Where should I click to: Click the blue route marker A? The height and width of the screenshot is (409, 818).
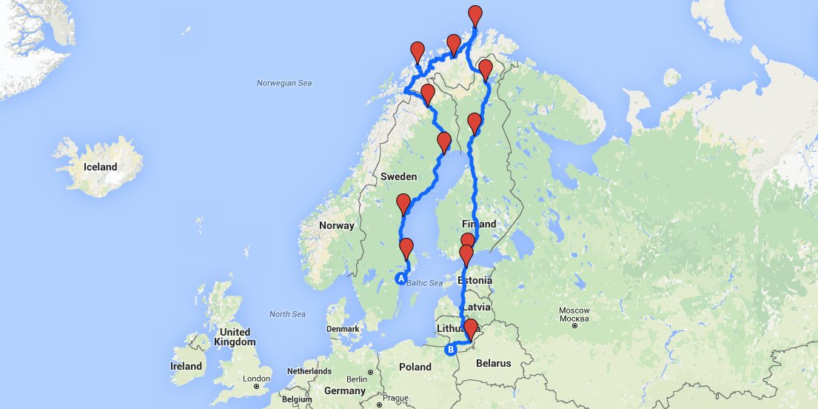[400, 279]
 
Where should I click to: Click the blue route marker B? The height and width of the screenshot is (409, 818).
[449, 350]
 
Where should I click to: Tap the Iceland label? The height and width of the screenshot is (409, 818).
[101, 167]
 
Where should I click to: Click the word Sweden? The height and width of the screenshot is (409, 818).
[399, 177]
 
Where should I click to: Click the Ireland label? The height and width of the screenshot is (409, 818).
[186, 366]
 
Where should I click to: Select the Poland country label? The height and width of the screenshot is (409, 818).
[415, 367]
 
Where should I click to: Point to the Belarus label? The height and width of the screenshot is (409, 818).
[494, 363]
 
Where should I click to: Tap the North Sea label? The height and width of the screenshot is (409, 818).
[287, 314]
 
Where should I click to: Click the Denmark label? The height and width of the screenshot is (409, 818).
[343, 328]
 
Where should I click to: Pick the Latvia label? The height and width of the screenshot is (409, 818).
[477, 307]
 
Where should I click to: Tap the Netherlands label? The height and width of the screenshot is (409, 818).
[309, 370]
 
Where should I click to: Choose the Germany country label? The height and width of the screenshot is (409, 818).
[344, 390]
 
